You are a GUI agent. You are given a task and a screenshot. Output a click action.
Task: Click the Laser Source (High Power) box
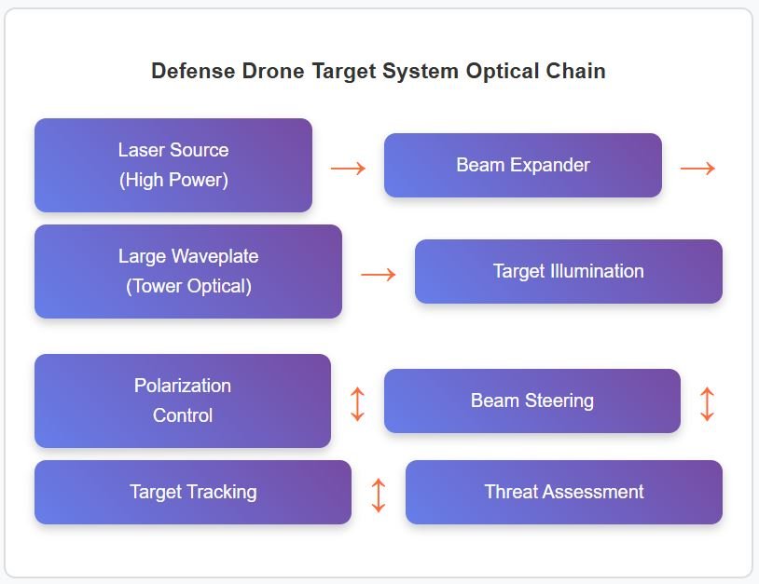point(173,166)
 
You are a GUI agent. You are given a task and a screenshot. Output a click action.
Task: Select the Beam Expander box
point(523,166)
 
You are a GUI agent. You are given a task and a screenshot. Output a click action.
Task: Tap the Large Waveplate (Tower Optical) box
point(188,272)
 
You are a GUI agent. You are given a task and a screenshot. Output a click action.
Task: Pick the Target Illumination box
point(569,272)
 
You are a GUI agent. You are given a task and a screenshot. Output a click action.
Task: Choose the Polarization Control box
point(183,401)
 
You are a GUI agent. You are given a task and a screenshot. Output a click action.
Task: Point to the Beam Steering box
point(532,401)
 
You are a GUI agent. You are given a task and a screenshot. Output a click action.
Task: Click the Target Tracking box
point(193,492)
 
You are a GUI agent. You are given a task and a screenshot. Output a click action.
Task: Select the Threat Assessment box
point(564,492)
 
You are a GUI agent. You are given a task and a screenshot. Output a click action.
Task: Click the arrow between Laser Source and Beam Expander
point(348,169)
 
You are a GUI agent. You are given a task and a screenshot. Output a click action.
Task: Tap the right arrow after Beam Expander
point(697,169)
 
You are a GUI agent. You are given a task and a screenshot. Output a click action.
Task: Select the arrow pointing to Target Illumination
point(379,275)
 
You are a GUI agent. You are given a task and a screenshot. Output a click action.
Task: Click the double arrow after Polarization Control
point(357,403)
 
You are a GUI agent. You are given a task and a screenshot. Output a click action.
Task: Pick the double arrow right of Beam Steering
point(707,403)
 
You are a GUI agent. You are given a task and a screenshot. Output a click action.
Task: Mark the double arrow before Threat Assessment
point(379,495)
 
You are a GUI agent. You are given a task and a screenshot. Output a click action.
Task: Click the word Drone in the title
point(273,71)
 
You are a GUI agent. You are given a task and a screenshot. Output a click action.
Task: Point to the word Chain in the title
point(576,71)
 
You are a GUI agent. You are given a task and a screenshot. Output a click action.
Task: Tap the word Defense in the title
point(193,71)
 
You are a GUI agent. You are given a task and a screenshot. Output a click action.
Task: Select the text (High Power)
point(173,180)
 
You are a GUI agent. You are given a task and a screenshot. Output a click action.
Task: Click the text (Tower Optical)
point(188,286)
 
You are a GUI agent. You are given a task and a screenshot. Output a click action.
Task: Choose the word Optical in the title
point(503,72)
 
